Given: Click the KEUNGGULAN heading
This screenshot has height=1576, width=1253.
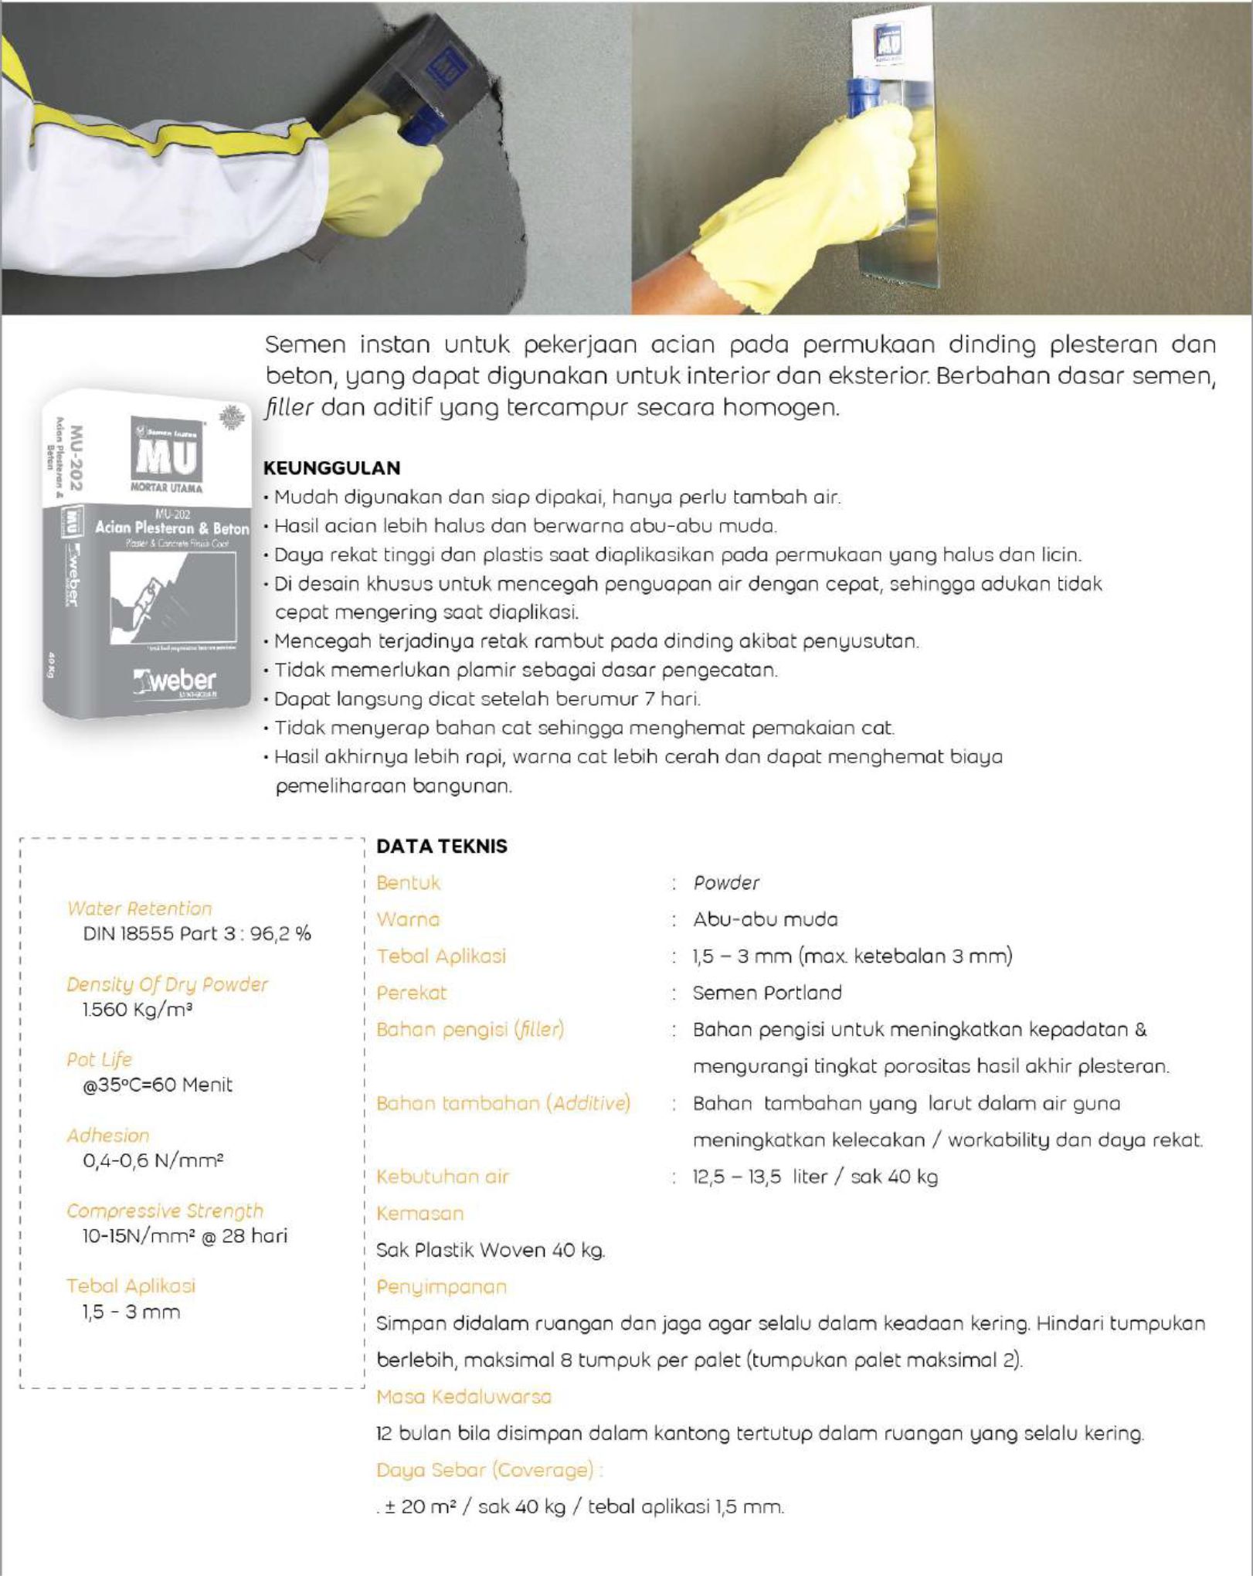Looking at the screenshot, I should click(x=332, y=467).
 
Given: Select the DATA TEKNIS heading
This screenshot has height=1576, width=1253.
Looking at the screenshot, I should click(x=441, y=846).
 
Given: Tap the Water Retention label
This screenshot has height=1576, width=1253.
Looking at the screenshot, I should click(x=139, y=909).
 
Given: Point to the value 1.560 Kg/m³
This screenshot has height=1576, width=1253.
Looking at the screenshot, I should click(x=137, y=1010).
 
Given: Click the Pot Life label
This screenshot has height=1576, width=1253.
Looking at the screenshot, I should click(x=99, y=1059).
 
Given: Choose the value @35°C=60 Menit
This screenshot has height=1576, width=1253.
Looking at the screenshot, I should click(x=158, y=1085).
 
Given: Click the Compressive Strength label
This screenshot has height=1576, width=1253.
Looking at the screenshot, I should click(x=165, y=1211).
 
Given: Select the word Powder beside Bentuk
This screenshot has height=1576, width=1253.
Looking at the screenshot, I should click(x=726, y=883).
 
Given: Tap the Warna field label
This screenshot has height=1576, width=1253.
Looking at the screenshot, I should click(x=408, y=919).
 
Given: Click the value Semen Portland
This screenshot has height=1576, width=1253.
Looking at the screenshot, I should click(x=767, y=993).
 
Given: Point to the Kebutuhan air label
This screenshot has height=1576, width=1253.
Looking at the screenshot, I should click(x=443, y=1177).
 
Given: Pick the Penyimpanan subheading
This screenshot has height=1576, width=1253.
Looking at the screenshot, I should click(x=441, y=1287).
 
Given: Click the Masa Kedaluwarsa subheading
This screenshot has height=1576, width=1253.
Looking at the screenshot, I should click(x=464, y=1397).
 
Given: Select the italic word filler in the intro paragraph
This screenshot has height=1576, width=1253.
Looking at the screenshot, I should click(x=290, y=408).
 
